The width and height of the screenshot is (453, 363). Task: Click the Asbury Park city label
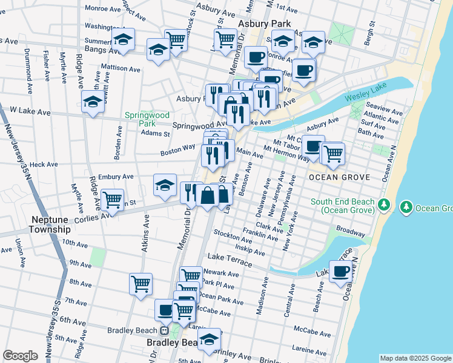[x=265, y=24]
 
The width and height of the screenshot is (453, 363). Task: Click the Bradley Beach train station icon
[x=164, y=330]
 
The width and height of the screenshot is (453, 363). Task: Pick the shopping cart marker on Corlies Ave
[x=112, y=200]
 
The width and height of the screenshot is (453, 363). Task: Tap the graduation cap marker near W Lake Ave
[x=93, y=102]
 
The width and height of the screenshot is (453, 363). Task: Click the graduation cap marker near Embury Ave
[x=165, y=186]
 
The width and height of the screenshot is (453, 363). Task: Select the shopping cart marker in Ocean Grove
[x=332, y=154]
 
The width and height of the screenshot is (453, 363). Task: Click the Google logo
[x=20, y=356]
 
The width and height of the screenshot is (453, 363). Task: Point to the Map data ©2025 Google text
[x=415, y=358]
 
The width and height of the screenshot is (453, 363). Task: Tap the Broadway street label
[x=351, y=232]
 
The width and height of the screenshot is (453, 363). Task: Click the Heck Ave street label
[x=44, y=164]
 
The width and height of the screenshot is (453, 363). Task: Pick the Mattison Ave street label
[x=121, y=68]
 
